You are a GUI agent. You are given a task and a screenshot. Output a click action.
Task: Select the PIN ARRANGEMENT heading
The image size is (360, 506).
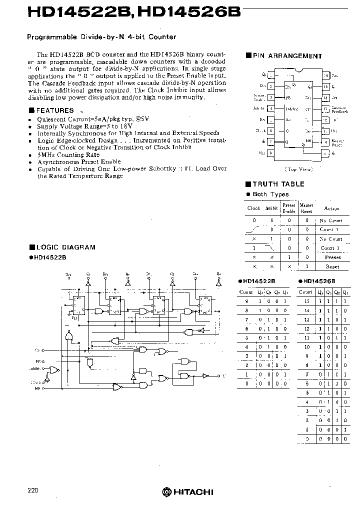(x=287, y=56)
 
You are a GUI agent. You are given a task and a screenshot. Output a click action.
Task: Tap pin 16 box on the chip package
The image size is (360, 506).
(x=325, y=75)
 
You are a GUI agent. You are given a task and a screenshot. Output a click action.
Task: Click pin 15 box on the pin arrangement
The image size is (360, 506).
(x=325, y=86)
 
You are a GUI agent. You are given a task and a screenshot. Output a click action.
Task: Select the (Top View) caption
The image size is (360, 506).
(x=298, y=169)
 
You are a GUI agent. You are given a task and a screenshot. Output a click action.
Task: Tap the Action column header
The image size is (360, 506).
(x=331, y=208)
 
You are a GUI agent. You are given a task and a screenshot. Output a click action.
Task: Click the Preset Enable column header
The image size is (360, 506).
(x=289, y=207)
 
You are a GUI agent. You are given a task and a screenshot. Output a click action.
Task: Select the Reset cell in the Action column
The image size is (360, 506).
(x=332, y=266)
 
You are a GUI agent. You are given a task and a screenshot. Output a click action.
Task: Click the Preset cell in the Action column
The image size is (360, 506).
(x=332, y=257)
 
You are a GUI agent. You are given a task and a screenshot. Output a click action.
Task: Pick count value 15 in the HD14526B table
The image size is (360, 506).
(x=307, y=301)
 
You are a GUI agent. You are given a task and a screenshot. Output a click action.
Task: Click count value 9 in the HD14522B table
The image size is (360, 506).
(x=246, y=301)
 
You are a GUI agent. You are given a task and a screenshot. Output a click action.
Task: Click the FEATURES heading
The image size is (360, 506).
(x=55, y=110)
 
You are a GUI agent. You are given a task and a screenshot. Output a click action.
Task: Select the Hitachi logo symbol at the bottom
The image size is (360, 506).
(x=166, y=492)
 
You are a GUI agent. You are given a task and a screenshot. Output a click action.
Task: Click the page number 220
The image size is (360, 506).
(x=33, y=490)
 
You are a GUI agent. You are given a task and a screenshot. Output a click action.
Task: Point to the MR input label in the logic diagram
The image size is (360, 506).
(x=37, y=387)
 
